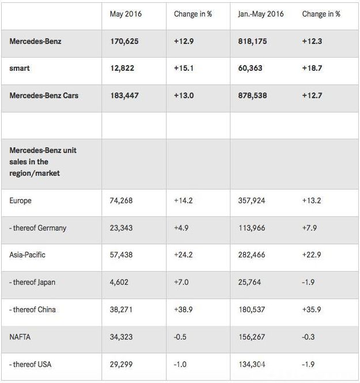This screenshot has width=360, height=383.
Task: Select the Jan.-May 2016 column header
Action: click(x=260, y=14)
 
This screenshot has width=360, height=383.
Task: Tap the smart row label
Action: click(x=20, y=68)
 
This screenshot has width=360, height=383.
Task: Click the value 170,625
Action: click(x=124, y=41)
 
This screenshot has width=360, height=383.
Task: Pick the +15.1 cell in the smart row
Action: click(x=185, y=68)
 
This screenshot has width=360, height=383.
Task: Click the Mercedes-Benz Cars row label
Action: click(x=44, y=95)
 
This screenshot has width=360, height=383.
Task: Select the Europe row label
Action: click(x=21, y=201)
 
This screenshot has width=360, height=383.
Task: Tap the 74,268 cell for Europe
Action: click(x=121, y=201)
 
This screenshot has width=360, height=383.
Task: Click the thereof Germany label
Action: click(x=38, y=228)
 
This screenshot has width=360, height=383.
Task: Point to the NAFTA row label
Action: click(x=21, y=336)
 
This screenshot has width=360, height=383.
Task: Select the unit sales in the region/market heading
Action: click(x=43, y=161)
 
